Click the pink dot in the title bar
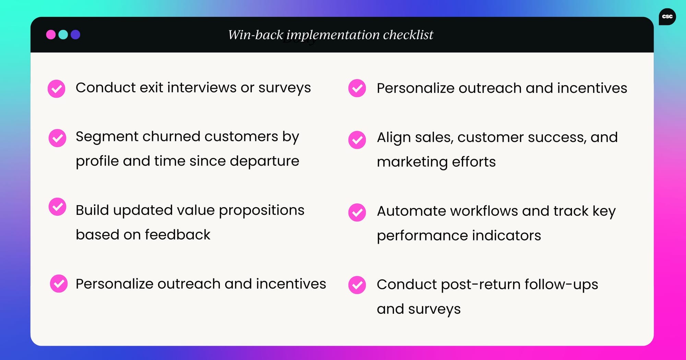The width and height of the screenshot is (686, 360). pos(51,35)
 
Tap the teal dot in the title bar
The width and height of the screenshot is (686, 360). pos(63,35)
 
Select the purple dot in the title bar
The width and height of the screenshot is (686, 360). pos(75,35)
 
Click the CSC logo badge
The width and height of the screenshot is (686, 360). pos(667,16)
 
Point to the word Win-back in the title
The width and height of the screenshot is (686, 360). pos(256,35)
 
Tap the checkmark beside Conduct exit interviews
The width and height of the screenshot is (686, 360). pos(56,89)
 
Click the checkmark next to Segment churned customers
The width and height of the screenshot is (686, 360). pos(57,138)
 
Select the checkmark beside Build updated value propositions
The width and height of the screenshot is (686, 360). pos(57,207)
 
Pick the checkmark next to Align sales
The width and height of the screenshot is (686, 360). pos(357,140)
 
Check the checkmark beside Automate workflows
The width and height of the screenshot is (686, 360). pos(357,212)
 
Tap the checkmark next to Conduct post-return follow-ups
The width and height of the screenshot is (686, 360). pos(357,285)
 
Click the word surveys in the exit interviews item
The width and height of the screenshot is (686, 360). pos(284,88)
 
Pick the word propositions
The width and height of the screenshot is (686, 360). pos(261,211)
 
